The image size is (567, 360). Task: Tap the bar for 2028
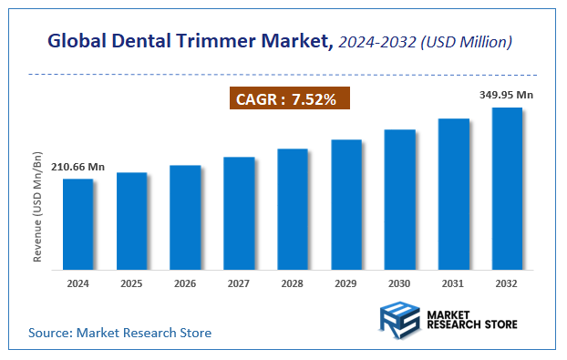[293, 209]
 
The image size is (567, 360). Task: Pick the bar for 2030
[399, 200]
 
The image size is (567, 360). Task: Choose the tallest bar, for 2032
[507, 189]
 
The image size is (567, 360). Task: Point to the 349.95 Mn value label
[507, 95]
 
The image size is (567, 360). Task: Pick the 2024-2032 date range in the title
[375, 41]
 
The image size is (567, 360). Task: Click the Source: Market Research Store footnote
[119, 333]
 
